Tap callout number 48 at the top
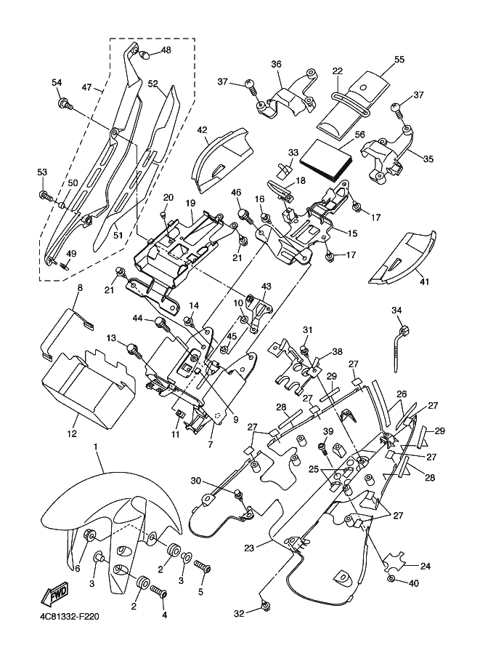pos(166,50)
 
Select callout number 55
pos(399,59)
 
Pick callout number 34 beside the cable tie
pos(397,311)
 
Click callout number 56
pos(359,135)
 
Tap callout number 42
pos(203,132)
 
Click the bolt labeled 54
pos(65,105)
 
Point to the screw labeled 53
pos(46,195)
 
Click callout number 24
pos(425,565)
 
